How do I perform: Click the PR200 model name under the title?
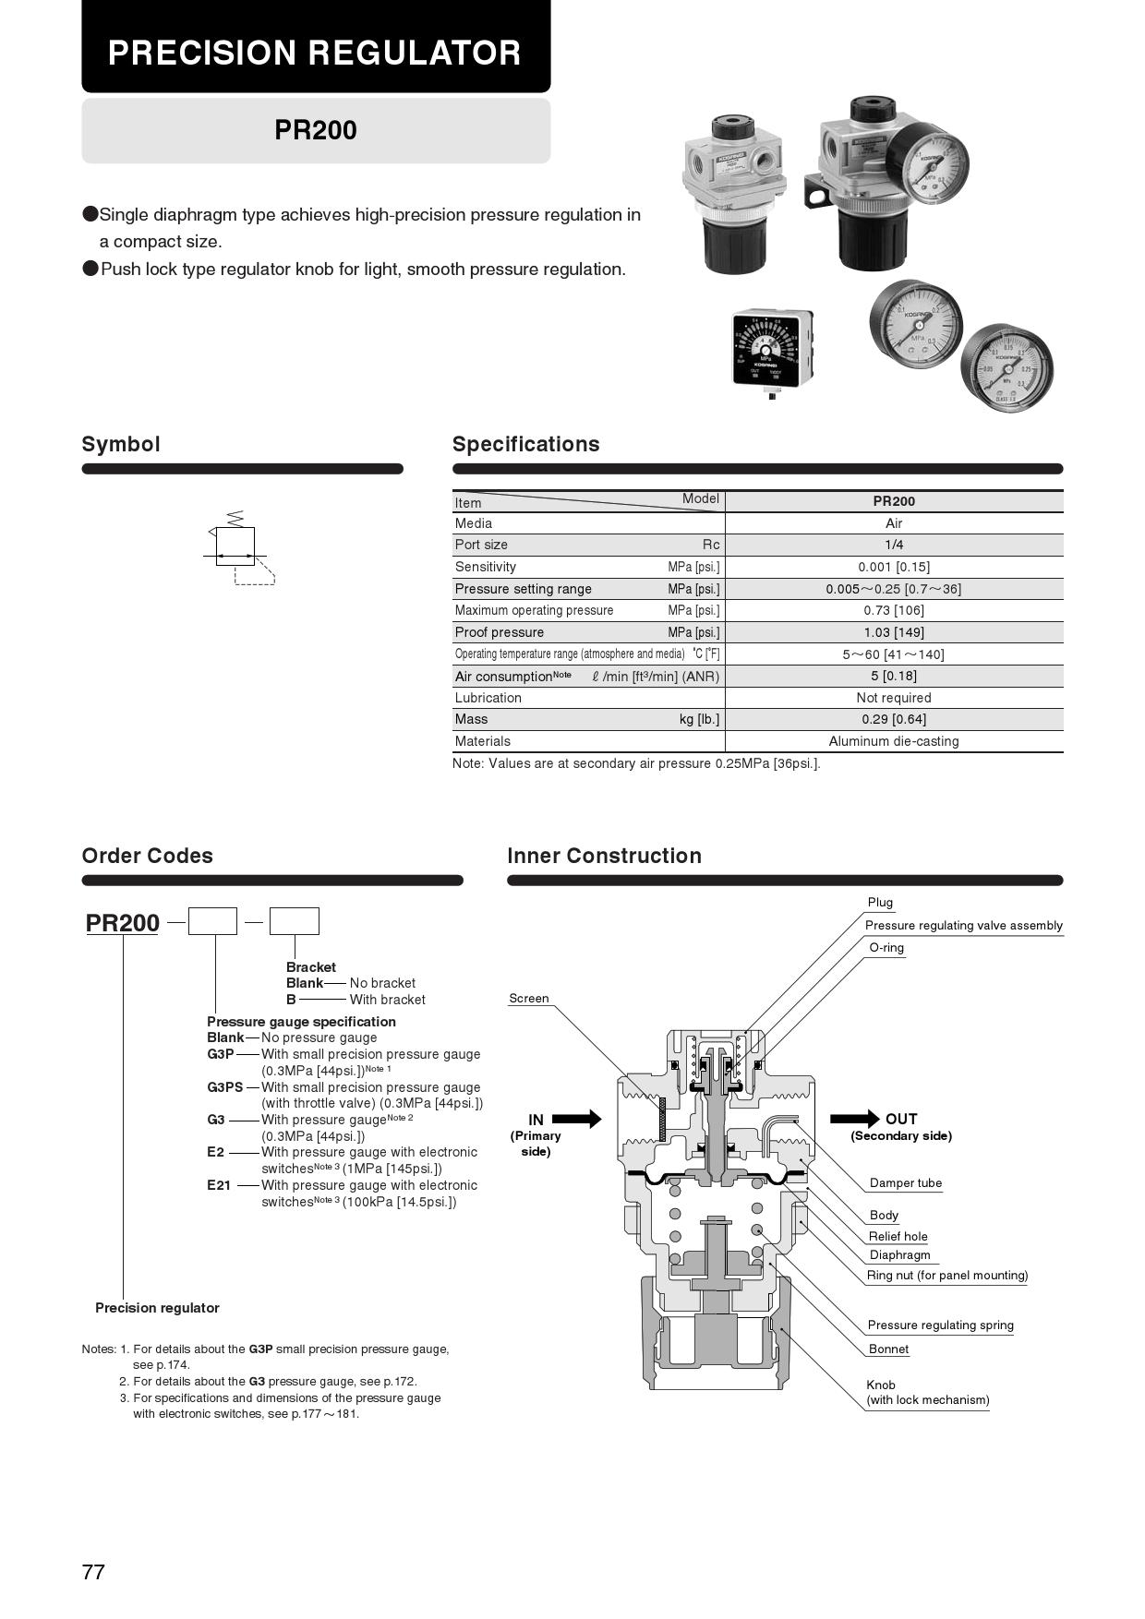[315, 130]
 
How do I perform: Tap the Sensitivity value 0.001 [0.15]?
[893, 567]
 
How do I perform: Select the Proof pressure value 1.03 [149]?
[893, 632]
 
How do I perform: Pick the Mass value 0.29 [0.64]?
[893, 719]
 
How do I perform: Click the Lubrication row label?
[488, 698]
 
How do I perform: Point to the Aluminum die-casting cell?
[893, 741]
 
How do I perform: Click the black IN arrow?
[577, 1119]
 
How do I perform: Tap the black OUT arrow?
[854, 1119]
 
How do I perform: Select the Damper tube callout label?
[905, 1183]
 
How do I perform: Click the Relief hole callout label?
[898, 1237]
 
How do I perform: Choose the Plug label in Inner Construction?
[880, 903]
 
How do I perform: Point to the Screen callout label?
[528, 999]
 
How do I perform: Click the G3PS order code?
[224, 1087]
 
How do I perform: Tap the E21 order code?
[218, 1185]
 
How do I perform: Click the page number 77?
[93, 1572]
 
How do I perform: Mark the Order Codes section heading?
[147, 856]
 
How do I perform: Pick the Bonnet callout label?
[888, 1349]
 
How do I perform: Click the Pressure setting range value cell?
[893, 589]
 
